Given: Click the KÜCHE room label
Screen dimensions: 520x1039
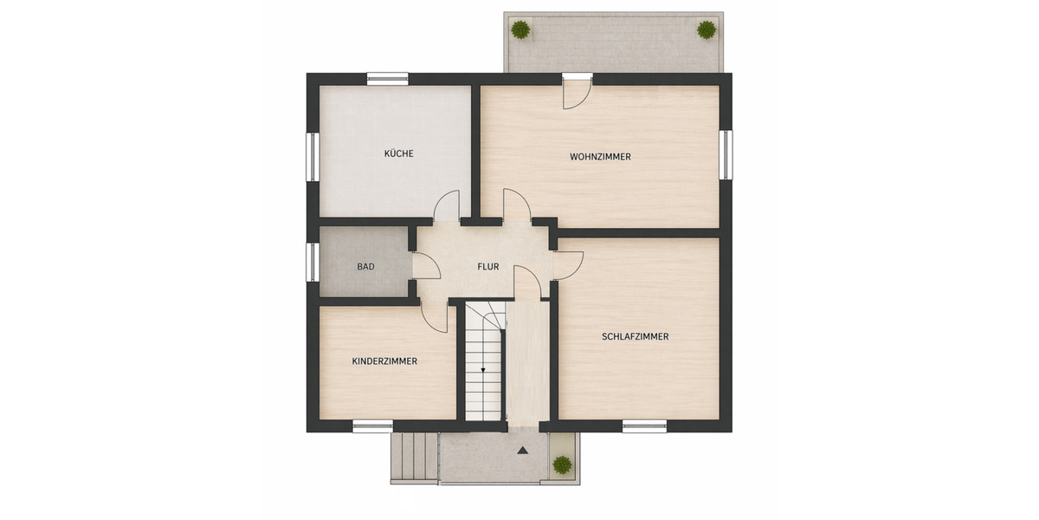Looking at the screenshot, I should coord(398,154).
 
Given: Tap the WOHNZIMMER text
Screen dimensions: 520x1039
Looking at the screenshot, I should coord(600,157).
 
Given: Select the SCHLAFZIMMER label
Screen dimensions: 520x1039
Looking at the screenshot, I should coord(635,336).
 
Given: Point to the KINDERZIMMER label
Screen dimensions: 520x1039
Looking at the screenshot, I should coord(384,361).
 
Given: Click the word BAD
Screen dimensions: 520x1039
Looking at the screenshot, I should coord(365,267).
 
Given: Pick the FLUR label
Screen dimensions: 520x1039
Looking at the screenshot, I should coord(487,267).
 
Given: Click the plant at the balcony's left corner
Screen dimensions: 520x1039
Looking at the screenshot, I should coord(519,29).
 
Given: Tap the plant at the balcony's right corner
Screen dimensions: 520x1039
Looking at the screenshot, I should coord(707,29).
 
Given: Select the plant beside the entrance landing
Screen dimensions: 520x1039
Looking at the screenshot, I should coord(563,465).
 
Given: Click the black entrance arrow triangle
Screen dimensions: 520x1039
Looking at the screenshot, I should coord(522,451).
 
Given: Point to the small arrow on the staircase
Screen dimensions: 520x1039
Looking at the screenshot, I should coord(483,371).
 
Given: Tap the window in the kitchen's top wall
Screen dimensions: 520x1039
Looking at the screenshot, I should coord(387,78).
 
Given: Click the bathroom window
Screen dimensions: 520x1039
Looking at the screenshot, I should coord(312,262).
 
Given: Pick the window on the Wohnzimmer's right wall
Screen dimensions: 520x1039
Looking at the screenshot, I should coord(726,154).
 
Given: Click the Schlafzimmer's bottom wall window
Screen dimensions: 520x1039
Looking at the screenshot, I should coord(644,426).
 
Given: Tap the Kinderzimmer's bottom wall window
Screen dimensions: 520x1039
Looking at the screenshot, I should coord(373,426).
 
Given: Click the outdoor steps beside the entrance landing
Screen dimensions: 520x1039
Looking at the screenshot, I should coord(414,457).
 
